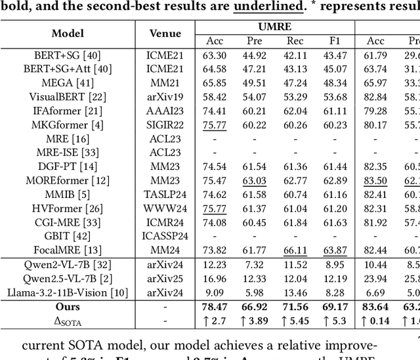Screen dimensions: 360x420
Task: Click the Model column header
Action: pyautogui.click(x=68, y=33)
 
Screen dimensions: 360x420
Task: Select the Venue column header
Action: pyautogui.click(x=165, y=33)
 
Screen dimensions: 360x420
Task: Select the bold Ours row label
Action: pyautogui.click(x=68, y=306)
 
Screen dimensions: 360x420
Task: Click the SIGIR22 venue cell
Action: pyautogui.click(x=165, y=125)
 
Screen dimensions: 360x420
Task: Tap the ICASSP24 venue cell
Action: pyautogui.click(x=165, y=236)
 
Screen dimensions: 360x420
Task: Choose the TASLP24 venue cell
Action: pyautogui.click(x=165, y=194)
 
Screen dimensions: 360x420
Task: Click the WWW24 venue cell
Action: pyautogui.click(x=165, y=209)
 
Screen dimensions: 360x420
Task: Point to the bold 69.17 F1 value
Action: pyautogui.click(x=336, y=306)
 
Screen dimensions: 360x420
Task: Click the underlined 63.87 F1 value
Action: pyautogui.click(x=336, y=250)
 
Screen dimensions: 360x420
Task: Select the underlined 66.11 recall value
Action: pyautogui.click(x=295, y=250)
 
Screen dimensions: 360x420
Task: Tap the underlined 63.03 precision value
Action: pyautogui.click(x=255, y=180)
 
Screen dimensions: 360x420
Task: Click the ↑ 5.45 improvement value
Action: pyautogui.click(x=295, y=321)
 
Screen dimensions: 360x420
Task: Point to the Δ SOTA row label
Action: pyautogui.click(x=68, y=321)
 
